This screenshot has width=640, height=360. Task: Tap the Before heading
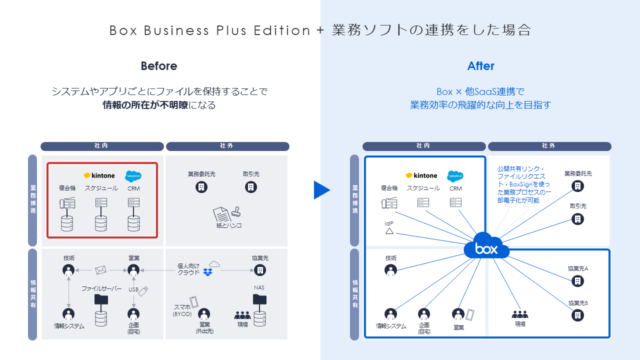(x=158, y=67)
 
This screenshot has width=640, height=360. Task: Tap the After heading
(x=480, y=67)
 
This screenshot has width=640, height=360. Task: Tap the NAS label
(x=258, y=285)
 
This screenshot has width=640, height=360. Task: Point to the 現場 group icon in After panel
(x=520, y=313)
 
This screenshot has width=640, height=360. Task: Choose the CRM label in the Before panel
(x=133, y=188)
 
